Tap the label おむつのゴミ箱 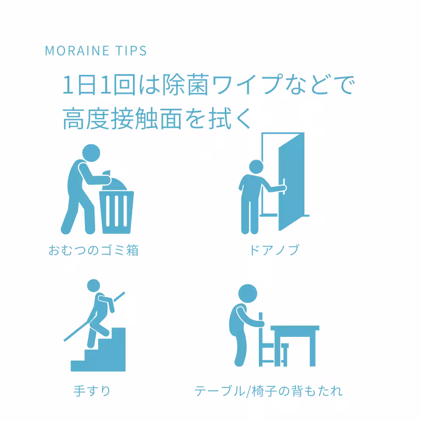[x=94, y=250]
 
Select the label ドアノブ [x=274, y=250]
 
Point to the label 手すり [x=92, y=391]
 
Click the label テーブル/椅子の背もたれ [x=269, y=391]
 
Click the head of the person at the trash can [x=91, y=153]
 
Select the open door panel [x=291, y=181]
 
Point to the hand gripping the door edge [x=285, y=188]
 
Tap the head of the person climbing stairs [x=94, y=286]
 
